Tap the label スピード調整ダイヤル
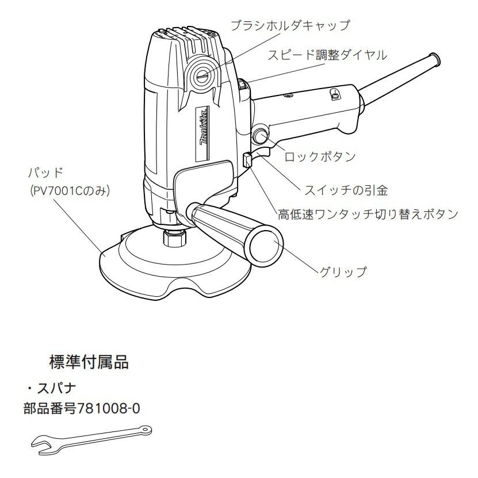coord(330,55)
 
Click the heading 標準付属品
coord(89,363)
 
